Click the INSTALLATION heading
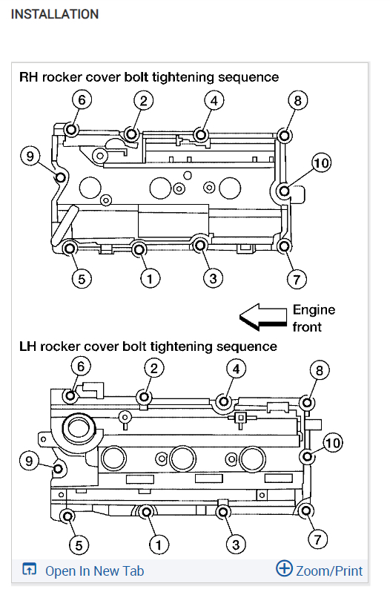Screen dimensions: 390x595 pyautogui.click(x=55, y=14)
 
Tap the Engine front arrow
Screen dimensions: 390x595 pyautogui.click(x=263, y=317)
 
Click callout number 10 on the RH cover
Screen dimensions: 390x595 pyautogui.click(x=321, y=163)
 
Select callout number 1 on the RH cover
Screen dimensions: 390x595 pyautogui.click(x=150, y=279)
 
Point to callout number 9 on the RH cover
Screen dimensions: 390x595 pyautogui.click(x=30, y=156)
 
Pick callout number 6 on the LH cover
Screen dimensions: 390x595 pyautogui.click(x=81, y=366)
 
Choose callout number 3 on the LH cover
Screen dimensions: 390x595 pyautogui.click(x=236, y=545)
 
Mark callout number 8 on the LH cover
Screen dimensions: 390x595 pyautogui.click(x=320, y=370)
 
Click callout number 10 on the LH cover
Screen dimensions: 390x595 pyautogui.click(x=333, y=443)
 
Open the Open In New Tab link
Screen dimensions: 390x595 pyautogui.click(x=94, y=571)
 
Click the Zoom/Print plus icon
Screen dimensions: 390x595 pyautogui.click(x=284, y=568)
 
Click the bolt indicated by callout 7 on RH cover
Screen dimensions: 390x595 pyautogui.click(x=284, y=246)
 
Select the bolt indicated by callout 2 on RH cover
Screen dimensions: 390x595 pyautogui.click(x=132, y=134)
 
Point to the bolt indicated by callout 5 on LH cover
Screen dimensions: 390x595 pyautogui.click(x=68, y=516)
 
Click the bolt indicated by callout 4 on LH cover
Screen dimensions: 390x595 pyautogui.click(x=224, y=401)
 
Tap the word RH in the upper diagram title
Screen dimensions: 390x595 pyautogui.click(x=28, y=77)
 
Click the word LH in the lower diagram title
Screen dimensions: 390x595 pyautogui.click(x=27, y=346)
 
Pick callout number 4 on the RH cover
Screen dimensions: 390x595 pyautogui.click(x=214, y=101)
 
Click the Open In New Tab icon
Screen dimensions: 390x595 pyautogui.click(x=29, y=569)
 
